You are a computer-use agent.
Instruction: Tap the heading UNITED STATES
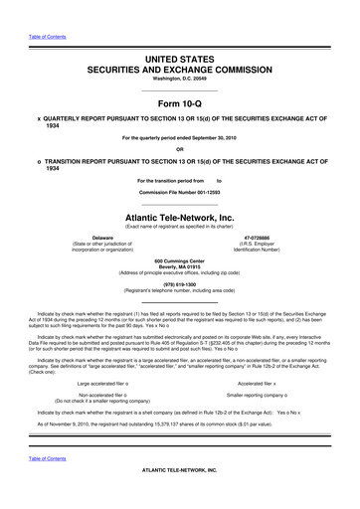(180, 33)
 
